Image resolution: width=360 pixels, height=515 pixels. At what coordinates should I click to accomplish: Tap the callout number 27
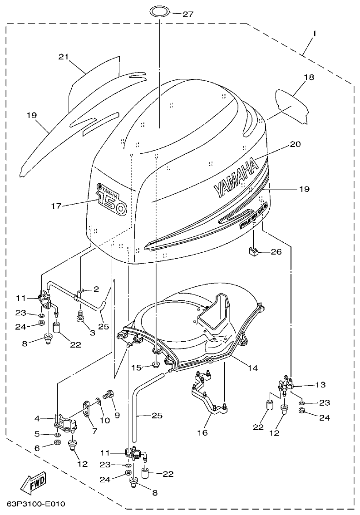[x=188, y=14]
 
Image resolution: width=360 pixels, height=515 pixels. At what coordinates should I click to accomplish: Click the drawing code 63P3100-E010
[x=36, y=504]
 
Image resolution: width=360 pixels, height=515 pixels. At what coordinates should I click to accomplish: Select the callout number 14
[x=253, y=368]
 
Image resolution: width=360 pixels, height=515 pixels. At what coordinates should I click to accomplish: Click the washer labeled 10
[x=98, y=401]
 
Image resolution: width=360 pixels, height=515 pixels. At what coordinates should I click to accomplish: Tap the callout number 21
[x=63, y=57]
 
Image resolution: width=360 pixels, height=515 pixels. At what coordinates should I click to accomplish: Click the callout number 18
[x=309, y=78]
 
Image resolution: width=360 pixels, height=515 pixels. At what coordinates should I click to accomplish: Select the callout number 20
[x=295, y=145]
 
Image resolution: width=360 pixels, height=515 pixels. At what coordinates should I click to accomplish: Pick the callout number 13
[x=321, y=385]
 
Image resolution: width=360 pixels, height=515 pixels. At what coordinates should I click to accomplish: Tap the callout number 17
[x=56, y=206]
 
